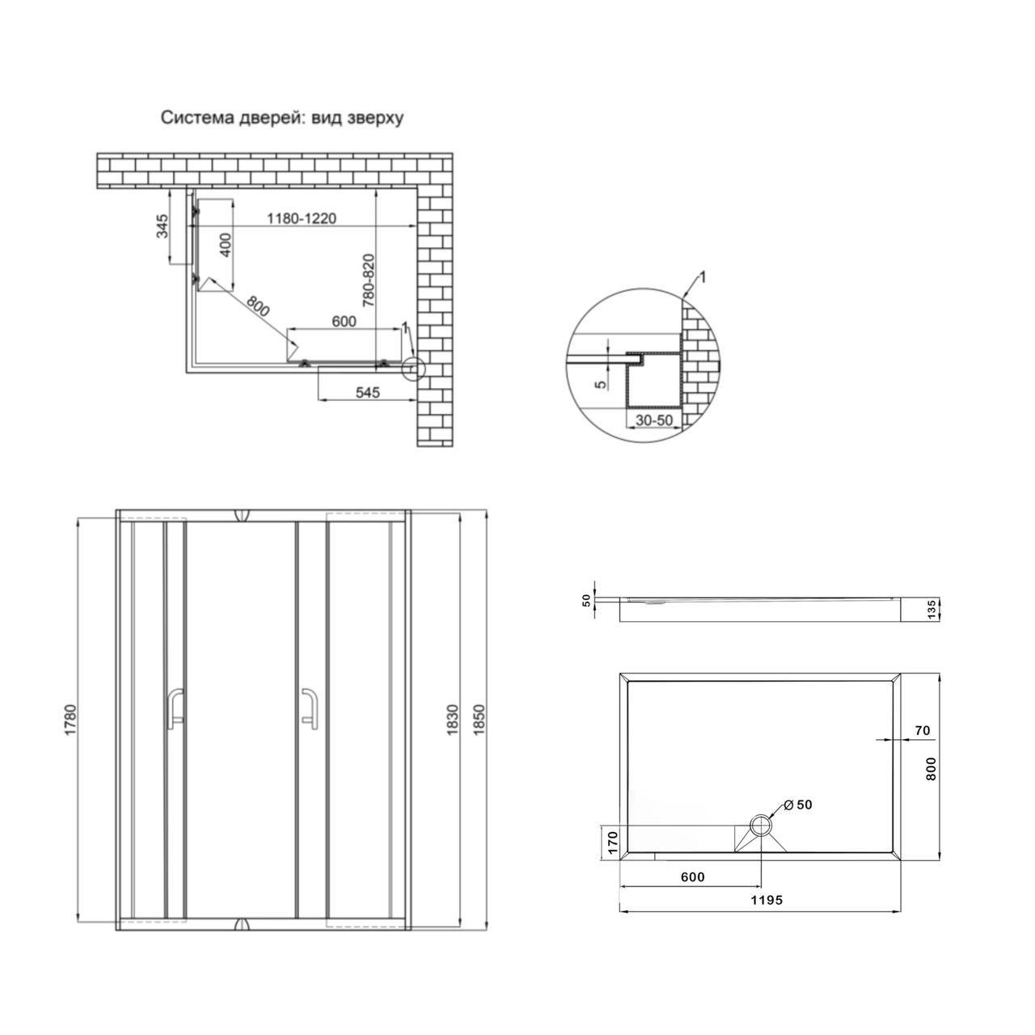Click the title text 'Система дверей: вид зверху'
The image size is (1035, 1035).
[281, 118]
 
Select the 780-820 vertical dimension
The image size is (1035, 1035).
[368, 281]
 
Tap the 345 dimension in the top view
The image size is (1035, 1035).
[162, 226]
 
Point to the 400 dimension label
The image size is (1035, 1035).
[226, 244]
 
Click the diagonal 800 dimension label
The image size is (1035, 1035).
[256, 306]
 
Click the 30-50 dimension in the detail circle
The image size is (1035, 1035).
[653, 421]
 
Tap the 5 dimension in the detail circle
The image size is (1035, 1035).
[599, 384]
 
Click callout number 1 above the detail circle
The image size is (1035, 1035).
[702, 277]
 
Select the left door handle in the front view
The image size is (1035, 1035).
[175, 708]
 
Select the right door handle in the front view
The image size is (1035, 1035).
[309, 708]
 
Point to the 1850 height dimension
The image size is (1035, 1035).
[478, 719]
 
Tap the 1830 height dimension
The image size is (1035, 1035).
[452, 719]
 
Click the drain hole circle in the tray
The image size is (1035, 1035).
[760, 826]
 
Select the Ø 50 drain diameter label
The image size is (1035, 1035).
[798, 805]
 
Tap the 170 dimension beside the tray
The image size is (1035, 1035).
[612, 843]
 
